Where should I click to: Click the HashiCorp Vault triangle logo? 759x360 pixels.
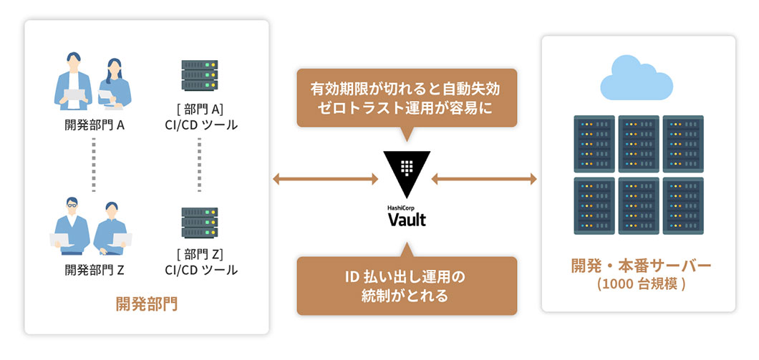coord(407,172)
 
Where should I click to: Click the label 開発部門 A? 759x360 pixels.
coord(95,125)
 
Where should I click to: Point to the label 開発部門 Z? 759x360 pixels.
coord(95,270)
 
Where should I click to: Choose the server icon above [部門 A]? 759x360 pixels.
coord(200,76)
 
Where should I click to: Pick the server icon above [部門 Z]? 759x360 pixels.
coord(200,223)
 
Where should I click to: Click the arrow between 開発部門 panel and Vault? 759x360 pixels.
coord(326,178)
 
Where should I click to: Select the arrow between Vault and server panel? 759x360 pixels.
coord(484,178)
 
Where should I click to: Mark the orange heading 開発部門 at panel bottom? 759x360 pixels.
coord(146,304)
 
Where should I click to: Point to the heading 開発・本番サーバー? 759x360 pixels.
coord(641,266)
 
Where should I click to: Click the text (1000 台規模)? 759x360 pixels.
coord(641,283)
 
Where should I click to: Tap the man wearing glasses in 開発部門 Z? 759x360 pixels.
coord(72,224)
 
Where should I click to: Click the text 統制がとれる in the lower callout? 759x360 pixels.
coord(406,296)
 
